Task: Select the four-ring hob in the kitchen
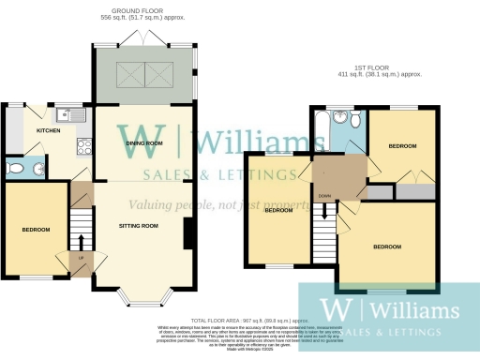(x=82, y=145)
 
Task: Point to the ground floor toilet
(x=16, y=169)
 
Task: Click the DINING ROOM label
(x=144, y=143)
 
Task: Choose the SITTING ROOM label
(x=138, y=226)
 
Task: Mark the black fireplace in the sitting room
(x=189, y=233)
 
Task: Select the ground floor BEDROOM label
(x=36, y=229)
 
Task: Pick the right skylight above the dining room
(x=160, y=71)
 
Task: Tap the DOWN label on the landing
(x=323, y=196)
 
